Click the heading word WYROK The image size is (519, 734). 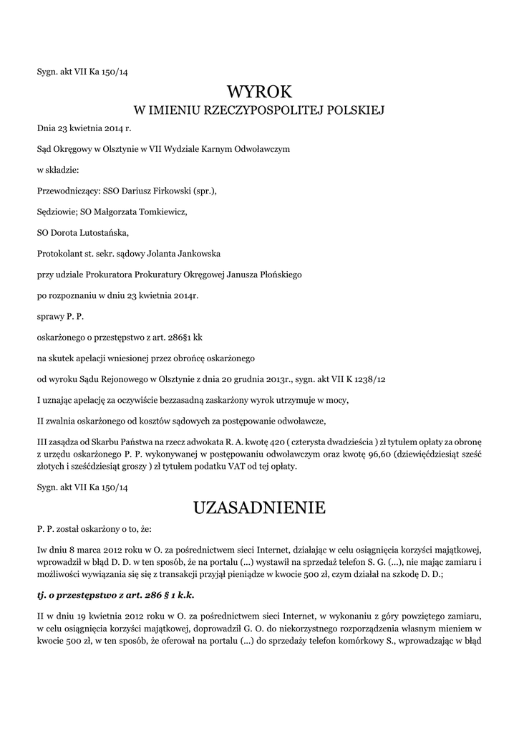coord(259,91)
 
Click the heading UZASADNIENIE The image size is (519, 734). coord(259,508)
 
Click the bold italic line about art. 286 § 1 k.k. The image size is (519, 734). coord(115,596)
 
